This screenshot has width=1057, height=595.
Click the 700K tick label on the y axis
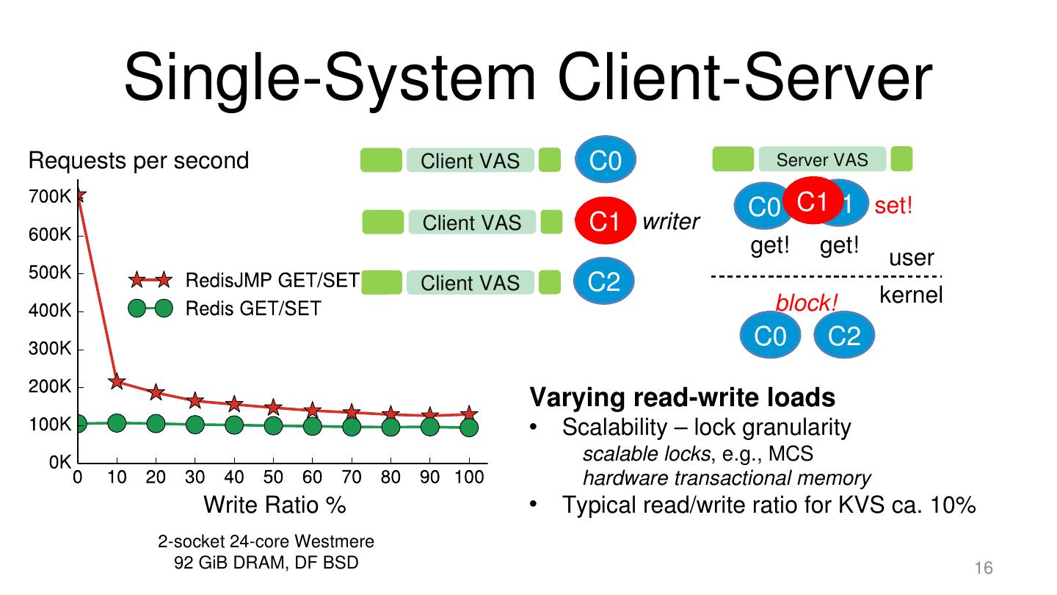[50, 197]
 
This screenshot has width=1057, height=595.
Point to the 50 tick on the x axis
[273, 477]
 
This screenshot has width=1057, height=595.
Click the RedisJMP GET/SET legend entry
[272, 281]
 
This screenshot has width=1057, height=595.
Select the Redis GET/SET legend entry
[253, 309]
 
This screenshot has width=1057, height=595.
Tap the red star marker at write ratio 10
[117, 381]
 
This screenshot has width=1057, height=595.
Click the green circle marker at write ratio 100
[469, 427]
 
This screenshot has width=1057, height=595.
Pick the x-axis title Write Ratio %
[275, 505]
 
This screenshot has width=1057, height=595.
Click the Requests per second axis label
[139, 160]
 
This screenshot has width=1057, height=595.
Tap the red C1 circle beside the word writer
[604, 221]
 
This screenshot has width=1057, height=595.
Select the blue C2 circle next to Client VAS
[604, 281]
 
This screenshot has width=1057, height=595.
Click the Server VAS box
[822, 159]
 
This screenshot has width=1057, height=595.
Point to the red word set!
[893, 206]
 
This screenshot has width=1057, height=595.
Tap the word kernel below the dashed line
[911, 295]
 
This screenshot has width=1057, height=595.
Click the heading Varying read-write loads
[683, 397]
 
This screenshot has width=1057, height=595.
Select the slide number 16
[984, 568]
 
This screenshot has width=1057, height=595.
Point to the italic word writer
[671, 222]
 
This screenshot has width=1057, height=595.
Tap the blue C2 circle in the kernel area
[843, 336]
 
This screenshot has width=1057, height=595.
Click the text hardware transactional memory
[727, 479]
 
